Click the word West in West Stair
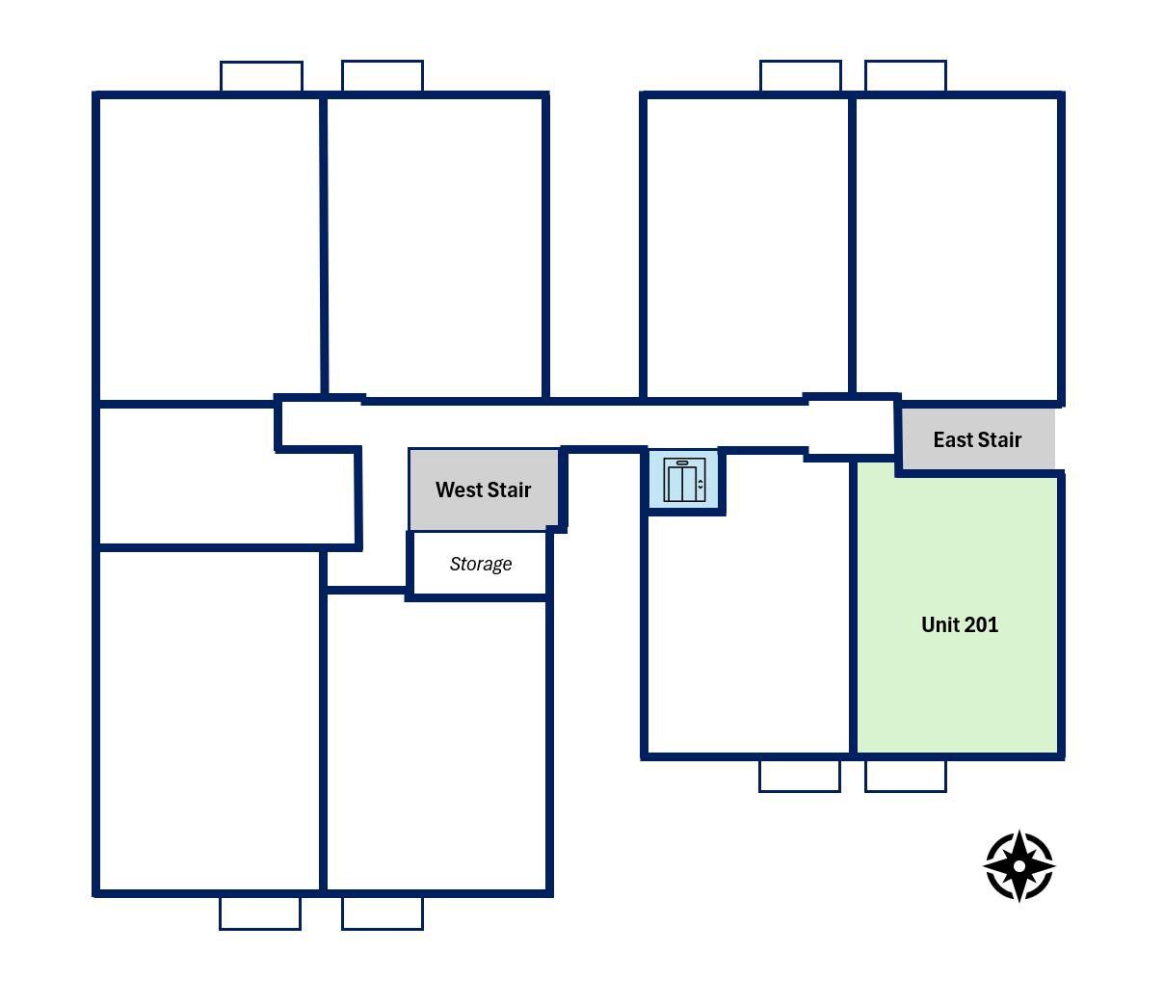tap(459, 489)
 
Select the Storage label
tap(481, 564)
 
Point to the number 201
tap(980, 624)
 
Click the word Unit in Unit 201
tap(939, 624)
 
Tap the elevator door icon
tap(684, 480)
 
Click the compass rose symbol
tap(1018, 866)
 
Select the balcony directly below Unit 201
tap(906, 777)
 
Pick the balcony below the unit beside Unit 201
tap(800, 777)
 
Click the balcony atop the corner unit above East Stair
tap(906, 75)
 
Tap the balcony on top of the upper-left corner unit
tap(261, 76)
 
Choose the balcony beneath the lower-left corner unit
tap(259, 913)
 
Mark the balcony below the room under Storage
tap(383, 913)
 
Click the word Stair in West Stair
tap(509, 489)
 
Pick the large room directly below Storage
tap(436, 744)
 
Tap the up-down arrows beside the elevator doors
tap(700, 484)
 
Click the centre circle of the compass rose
tap(1018, 866)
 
